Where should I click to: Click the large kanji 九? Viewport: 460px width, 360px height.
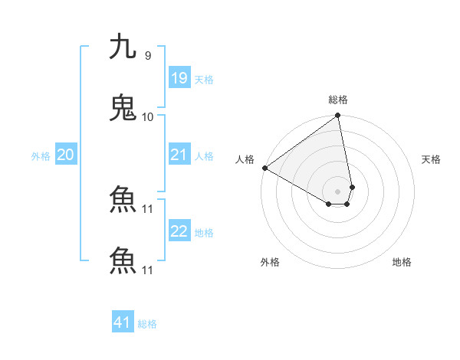(x=123, y=47)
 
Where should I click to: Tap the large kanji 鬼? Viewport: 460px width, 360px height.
(x=123, y=108)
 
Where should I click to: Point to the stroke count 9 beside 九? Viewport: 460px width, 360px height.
(x=147, y=56)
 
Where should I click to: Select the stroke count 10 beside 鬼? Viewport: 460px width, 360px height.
(x=148, y=116)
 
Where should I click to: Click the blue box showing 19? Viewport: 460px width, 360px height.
(x=179, y=78)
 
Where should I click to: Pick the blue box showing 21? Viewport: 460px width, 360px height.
(x=179, y=155)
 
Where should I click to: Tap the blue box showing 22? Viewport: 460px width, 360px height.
(x=179, y=232)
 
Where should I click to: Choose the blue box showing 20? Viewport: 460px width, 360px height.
(x=65, y=155)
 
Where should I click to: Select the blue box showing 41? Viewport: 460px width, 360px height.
(x=123, y=323)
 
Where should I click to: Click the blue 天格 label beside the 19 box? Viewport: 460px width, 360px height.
(x=204, y=80)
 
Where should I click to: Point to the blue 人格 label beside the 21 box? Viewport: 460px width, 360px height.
(x=204, y=156)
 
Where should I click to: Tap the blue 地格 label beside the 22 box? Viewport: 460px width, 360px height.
(x=204, y=233)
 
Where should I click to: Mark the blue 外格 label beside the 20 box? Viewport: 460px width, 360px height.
(x=41, y=156)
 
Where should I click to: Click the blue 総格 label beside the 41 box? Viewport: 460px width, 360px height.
(x=147, y=324)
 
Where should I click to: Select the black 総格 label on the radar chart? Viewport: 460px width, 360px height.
(x=338, y=100)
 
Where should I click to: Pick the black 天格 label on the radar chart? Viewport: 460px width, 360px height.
(x=431, y=159)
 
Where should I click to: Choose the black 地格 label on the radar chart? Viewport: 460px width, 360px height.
(x=402, y=262)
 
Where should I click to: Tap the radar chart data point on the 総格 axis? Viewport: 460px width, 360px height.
(x=338, y=116)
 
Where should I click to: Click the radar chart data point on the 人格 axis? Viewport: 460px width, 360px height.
(x=264, y=168)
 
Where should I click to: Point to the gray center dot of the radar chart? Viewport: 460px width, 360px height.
(x=338, y=191)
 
